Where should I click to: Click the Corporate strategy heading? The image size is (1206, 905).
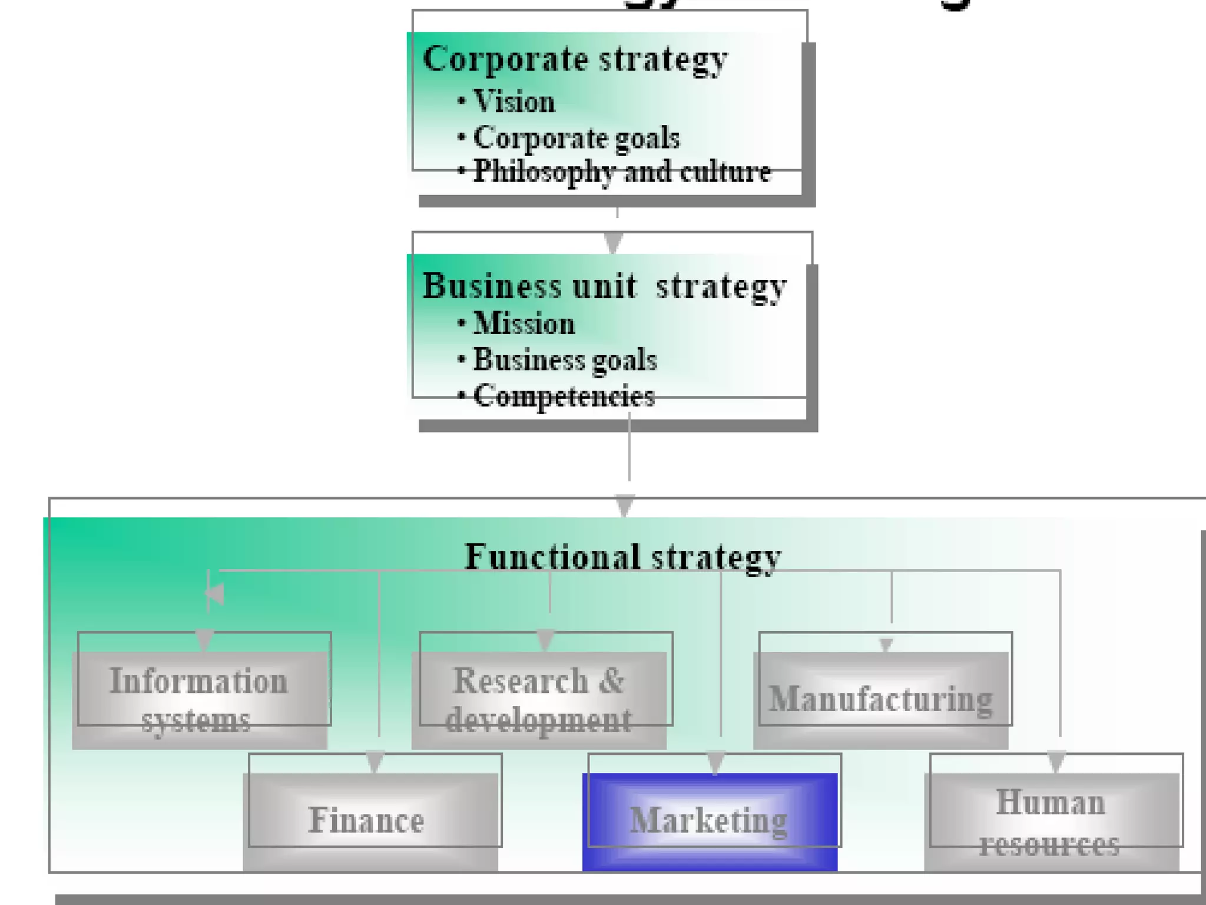pyautogui.click(x=575, y=60)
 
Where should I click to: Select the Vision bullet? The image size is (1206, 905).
pyautogui.click(x=513, y=101)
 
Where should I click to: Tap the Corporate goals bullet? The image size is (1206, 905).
pyautogui.click(x=576, y=138)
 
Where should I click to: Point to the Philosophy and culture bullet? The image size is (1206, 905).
pyautogui.click(x=621, y=172)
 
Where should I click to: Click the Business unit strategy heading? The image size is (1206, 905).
pyautogui.click(x=604, y=286)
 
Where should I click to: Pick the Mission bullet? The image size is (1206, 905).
pyautogui.click(x=524, y=323)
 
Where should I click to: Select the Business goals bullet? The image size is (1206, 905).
pyautogui.click(x=565, y=359)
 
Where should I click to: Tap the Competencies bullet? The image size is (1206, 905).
pyautogui.click(x=564, y=396)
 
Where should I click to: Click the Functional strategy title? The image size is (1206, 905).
pyautogui.click(x=623, y=556)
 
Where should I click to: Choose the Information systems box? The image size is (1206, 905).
pyautogui.click(x=199, y=700)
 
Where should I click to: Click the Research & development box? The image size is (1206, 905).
pyautogui.click(x=539, y=700)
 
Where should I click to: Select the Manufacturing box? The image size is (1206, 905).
pyautogui.click(x=881, y=700)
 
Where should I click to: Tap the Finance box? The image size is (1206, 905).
pyautogui.click(x=370, y=821)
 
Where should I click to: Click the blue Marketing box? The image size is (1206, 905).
pyautogui.click(x=710, y=821)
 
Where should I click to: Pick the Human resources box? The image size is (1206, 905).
pyautogui.click(x=1051, y=821)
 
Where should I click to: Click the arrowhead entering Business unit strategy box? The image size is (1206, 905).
pyautogui.click(x=614, y=243)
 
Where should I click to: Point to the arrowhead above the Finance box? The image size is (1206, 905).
pyautogui.click(x=375, y=761)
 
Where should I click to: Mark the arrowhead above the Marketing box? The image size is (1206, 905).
pyautogui.click(x=715, y=762)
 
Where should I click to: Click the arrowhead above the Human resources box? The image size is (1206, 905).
pyautogui.click(x=1056, y=761)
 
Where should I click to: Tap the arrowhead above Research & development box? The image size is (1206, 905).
pyautogui.click(x=546, y=639)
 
